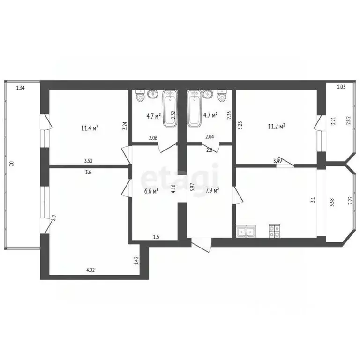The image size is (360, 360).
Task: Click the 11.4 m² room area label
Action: pos(89,127)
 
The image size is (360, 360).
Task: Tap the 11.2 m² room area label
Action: pos(277,126)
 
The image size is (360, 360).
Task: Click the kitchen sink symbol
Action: pos(246,231)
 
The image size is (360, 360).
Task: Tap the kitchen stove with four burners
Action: pos(274,231)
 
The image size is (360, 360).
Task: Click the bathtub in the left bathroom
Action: pos(170,108)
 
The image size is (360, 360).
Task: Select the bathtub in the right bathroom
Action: pos(194,108)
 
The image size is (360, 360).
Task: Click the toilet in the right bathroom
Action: pos(222,97)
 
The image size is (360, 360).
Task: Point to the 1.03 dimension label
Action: pos(341,87)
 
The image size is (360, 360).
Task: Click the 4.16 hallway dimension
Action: pos(173,189)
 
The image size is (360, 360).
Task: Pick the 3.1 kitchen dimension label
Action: pos(313,200)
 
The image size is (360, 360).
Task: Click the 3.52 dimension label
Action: pos(89,161)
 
